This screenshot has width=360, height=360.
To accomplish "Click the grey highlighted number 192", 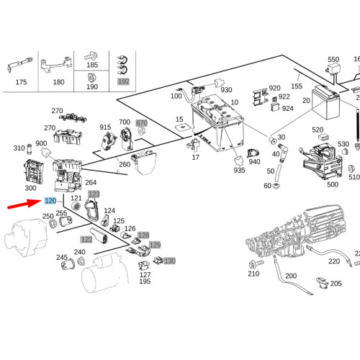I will [x=125, y=82].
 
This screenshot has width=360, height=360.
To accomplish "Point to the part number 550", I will [x=333, y=60].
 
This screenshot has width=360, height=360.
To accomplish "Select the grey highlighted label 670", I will [x=141, y=123].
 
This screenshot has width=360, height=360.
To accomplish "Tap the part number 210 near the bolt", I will [x=253, y=274].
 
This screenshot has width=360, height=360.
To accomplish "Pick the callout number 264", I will [x=110, y=182].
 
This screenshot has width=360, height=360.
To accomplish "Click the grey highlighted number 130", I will [x=169, y=261].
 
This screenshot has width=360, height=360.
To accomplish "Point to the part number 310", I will [x=19, y=148].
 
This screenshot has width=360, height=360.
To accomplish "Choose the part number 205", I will [x=336, y=284].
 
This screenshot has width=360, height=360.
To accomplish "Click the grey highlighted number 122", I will [x=86, y=238].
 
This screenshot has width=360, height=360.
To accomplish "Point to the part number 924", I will [x=287, y=109].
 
